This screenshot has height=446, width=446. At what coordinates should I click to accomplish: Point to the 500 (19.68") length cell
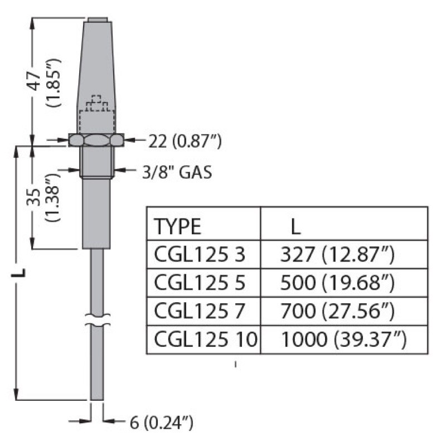[337, 283]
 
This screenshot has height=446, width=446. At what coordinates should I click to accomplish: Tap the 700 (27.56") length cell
[337, 311]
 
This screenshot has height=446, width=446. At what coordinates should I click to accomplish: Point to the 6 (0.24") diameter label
[161, 423]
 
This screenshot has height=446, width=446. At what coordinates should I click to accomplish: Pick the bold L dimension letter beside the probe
[20, 273]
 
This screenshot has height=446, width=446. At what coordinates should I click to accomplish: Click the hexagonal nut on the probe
[96, 139]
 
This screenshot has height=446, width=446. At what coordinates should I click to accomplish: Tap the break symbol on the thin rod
[97, 322]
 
